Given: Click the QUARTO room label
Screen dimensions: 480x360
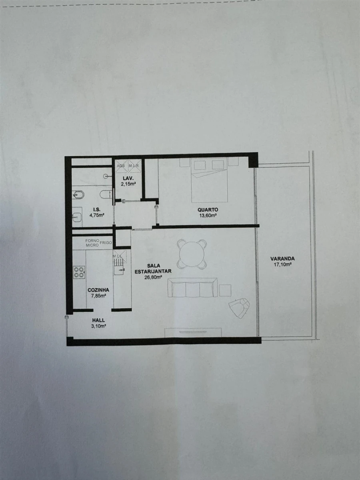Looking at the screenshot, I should [x=207, y=210].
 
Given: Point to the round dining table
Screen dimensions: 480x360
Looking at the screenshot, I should [x=192, y=253].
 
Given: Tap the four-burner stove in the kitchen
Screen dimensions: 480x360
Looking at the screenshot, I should [x=79, y=272].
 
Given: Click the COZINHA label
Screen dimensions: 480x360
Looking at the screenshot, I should [x=98, y=290].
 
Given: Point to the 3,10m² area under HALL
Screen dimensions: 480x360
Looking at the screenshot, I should [x=98, y=326].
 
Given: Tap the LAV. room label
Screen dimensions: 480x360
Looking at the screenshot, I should [x=128, y=178].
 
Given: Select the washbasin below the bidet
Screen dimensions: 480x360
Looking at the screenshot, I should [x=77, y=216].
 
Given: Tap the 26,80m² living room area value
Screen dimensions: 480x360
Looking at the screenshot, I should [x=154, y=276].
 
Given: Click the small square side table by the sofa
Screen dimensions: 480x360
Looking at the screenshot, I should [x=225, y=290].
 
